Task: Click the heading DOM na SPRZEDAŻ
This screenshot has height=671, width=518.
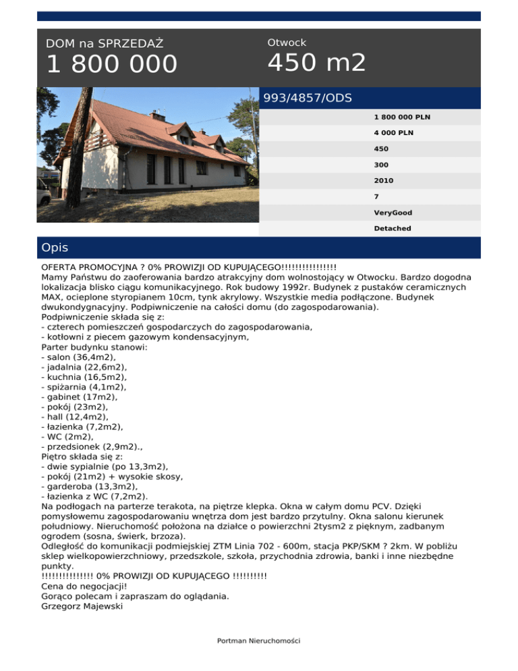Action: click(104, 44)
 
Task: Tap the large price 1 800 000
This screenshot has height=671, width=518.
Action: click(111, 65)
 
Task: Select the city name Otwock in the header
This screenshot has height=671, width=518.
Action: click(287, 43)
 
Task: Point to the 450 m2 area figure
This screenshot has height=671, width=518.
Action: click(316, 63)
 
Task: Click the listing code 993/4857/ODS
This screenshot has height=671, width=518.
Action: click(308, 98)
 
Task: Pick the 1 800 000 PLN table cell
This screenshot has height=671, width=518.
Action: click(402, 117)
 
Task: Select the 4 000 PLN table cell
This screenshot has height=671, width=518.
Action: click(394, 133)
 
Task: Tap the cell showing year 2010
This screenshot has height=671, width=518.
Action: click(384, 181)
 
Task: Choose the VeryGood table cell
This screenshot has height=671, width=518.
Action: click(393, 213)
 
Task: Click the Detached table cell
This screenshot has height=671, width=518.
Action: click(393, 229)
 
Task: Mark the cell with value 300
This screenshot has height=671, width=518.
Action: click(381, 165)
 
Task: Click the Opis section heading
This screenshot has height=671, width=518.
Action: click(54, 248)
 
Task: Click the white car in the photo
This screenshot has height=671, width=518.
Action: click(44, 191)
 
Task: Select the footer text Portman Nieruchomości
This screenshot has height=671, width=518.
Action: click(258, 641)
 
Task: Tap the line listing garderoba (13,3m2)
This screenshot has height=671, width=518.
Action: click(90, 485)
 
